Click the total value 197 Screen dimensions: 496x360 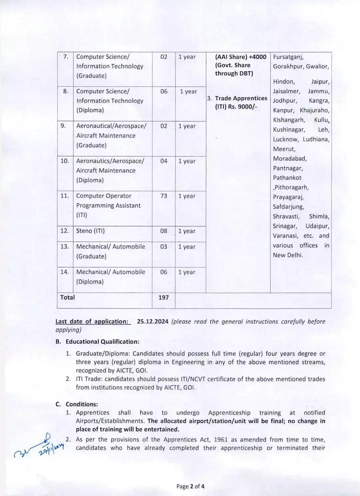pyautogui.click(x=163, y=297)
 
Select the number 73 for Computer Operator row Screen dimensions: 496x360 pyautogui.click(x=164, y=196)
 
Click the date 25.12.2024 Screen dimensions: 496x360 pyautogui.click(x=153, y=321)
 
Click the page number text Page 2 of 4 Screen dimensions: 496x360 pyautogui.click(x=190, y=486)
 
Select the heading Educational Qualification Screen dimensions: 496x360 pyautogui.click(x=102, y=341)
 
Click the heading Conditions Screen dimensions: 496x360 pyautogui.click(x=82, y=404)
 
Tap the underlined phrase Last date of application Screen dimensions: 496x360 pyautogui.click(x=92, y=321)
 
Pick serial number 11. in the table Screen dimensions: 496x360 pyautogui.click(x=65, y=196)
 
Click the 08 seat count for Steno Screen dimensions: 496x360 pyautogui.click(x=164, y=231)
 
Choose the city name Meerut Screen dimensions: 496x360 pyautogui.click(x=284, y=149)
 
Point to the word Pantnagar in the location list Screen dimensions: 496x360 pyautogui.click(x=288, y=168)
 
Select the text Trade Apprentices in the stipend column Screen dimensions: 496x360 pyautogui.click(x=241, y=98)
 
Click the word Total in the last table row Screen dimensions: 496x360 pyautogui.click(x=67, y=297)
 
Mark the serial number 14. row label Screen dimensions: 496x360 pyautogui.click(x=65, y=272)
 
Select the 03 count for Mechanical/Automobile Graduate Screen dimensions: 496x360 pyautogui.click(x=164, y=247)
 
